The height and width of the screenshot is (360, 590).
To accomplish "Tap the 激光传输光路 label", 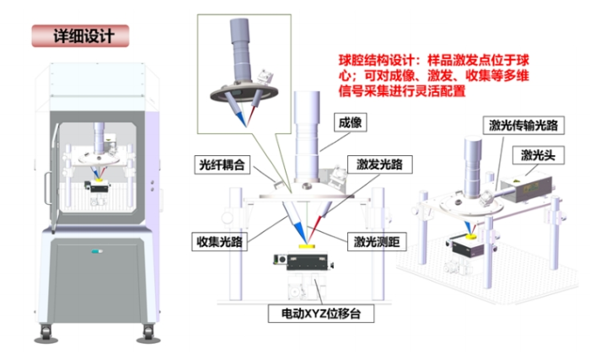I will (x=523, y=125).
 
